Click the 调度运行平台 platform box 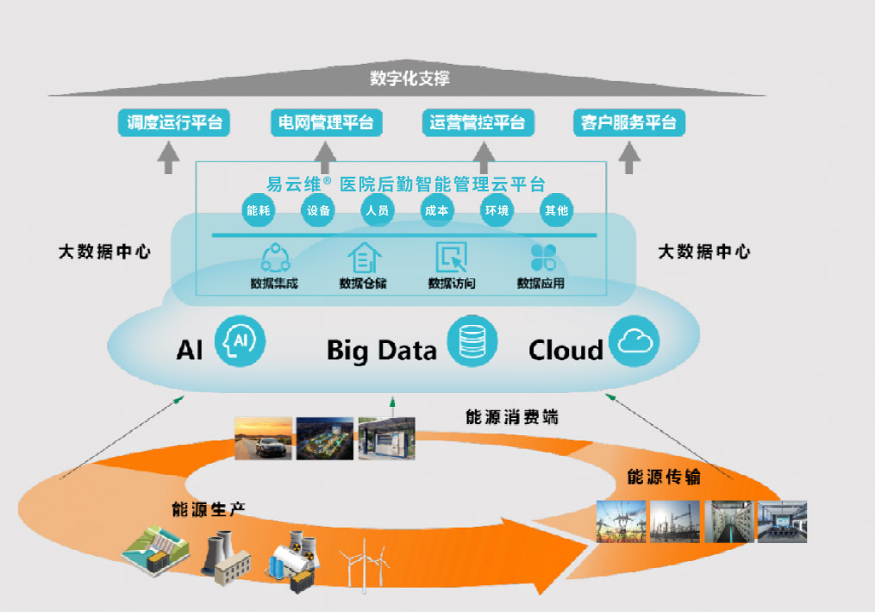(175, 122)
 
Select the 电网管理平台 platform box (326, 122)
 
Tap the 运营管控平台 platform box (478, 122)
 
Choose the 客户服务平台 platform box (628, 122)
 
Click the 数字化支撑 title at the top (409, 79)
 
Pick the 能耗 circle (259, 210)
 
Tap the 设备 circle (318, 210)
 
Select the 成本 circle (436, 210)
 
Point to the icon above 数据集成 (275, 257)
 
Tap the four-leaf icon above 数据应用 (542, 257)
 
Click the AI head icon (240, 342)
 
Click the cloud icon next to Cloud (634, 342)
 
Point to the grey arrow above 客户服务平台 (631, 157)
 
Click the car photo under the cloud (263, 438)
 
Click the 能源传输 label (663, 477)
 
